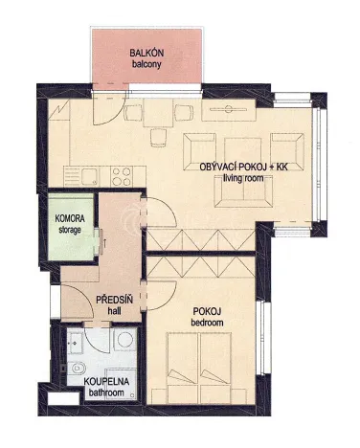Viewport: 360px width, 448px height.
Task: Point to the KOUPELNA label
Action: click(x=108, y=382)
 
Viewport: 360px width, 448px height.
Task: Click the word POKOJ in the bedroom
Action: click(x=206, y=312)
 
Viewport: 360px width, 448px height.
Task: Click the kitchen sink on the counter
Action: click(x=89, y=175)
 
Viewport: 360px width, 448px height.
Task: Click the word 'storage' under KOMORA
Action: click(x=73, y=230)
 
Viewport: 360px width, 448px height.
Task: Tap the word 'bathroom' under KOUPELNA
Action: click(x=108, y=393)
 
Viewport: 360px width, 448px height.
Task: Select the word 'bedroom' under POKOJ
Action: click(x=207, y=324)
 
